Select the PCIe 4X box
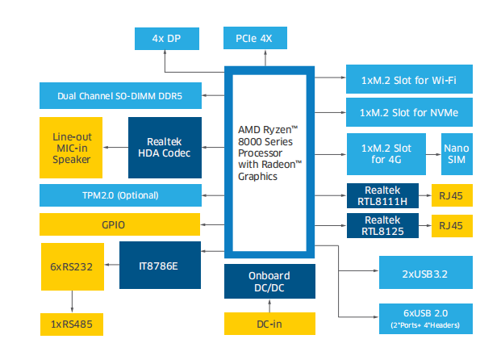254,38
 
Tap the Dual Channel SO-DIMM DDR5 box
119,96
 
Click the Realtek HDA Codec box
164,148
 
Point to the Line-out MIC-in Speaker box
72,148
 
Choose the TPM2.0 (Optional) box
119,195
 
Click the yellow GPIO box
119,224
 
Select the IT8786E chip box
159,265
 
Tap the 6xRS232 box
72,265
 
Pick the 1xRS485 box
72,324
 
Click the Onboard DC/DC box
269,281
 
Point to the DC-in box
269,324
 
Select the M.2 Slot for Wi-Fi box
409,80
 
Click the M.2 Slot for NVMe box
409,112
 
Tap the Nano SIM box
455,154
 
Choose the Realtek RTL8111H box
382,196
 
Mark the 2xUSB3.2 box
425,274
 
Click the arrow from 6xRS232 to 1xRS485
72,302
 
